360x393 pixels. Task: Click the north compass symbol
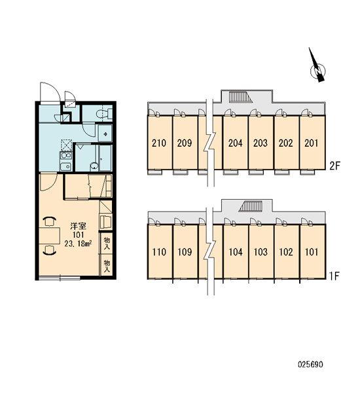(x=317, y=65)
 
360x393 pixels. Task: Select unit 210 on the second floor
(x=160, y=142)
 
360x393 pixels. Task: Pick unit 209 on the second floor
(x=185, y=142)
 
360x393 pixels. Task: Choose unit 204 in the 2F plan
(x=236, y=142)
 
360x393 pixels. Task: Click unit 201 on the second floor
(x=312, y=142)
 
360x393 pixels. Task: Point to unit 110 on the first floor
(x=160, y=252)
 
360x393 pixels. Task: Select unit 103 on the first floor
(x=261, y=252)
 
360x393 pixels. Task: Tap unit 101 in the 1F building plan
(x=312, y=252)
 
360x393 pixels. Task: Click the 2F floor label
(x=334, y=166)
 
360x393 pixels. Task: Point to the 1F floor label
(x=334, y=276)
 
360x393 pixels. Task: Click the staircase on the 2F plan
(x=240, y=97)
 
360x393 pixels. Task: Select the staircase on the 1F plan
(x=251, y=206)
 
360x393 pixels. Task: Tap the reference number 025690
(x=310, y=364)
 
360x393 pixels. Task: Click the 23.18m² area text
(x=78, y=244)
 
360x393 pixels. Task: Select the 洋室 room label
(x=78, y=226)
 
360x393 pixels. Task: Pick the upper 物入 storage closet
(x=107, y=244)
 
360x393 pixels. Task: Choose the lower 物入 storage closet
(x=107, y=266)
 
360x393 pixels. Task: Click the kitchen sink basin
(x=66, y=166)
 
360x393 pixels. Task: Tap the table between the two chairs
(x=49, y=235)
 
